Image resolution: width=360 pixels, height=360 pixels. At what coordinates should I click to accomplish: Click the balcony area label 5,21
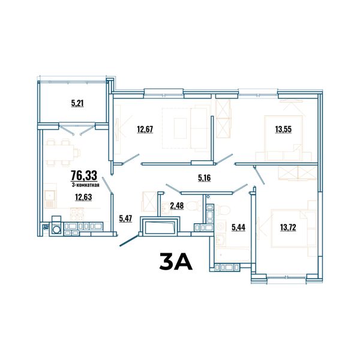coord(77,103)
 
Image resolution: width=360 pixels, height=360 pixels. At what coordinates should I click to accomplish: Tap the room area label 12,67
coord(145,129)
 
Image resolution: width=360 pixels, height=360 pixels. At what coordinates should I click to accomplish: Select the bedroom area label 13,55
coord(283,129)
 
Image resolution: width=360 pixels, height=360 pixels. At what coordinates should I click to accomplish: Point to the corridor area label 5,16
coord(205,178)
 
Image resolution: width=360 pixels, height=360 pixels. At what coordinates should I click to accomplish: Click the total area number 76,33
coord(84,175)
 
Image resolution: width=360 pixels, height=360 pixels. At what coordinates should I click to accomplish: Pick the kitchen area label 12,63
coord(83,197)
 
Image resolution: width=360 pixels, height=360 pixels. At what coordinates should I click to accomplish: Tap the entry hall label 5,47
coord(125,218)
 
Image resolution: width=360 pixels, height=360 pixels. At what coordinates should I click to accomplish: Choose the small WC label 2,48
coord(177,206)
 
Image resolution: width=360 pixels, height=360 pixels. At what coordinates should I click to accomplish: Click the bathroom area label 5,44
coord(238,227)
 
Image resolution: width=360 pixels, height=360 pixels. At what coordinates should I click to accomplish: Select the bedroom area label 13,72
coord(288,227)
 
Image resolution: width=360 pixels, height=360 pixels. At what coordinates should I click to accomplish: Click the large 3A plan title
coord(176,262)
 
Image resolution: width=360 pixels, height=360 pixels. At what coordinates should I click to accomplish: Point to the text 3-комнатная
coord(85,185)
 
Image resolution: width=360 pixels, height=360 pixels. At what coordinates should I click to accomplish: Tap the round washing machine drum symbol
coord(56,229)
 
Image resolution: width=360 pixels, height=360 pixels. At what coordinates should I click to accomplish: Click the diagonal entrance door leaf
coord(129,241)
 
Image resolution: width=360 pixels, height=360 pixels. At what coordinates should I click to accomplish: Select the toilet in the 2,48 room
coord(193,206)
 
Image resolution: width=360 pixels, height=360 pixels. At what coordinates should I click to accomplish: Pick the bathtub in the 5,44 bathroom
coord(233,254)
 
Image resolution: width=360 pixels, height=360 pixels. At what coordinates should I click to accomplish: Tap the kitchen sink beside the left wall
coord(50,199)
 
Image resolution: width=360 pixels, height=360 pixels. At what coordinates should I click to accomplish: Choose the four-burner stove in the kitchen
coord(77,214)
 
